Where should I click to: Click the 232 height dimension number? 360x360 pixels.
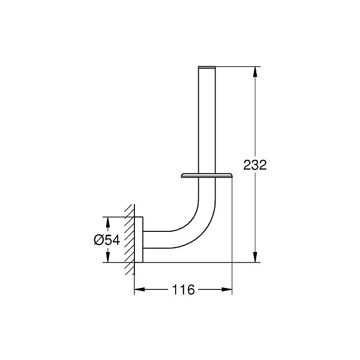tap(255, 165)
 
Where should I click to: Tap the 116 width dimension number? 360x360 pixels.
tap(183, 289)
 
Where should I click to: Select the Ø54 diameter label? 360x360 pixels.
tap(107, 240)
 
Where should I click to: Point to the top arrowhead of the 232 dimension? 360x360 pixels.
tap(255, 72)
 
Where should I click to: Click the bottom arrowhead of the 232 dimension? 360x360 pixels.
tap(255, 257)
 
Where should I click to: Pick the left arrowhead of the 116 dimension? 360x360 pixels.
tap(140, 289)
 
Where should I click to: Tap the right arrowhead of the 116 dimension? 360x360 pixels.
tap(227, 289)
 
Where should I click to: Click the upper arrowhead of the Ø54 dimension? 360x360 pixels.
tap(107, 222)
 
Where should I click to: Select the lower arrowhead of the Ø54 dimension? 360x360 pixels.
tap(107, 257)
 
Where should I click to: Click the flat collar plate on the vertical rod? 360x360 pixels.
tap(206, 175)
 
